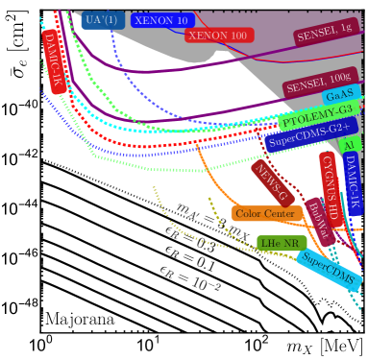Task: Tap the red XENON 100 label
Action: [217, 35]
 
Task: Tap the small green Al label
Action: [349, 143]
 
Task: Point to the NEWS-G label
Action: [271, 180]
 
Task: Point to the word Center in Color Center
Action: [282, 213]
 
